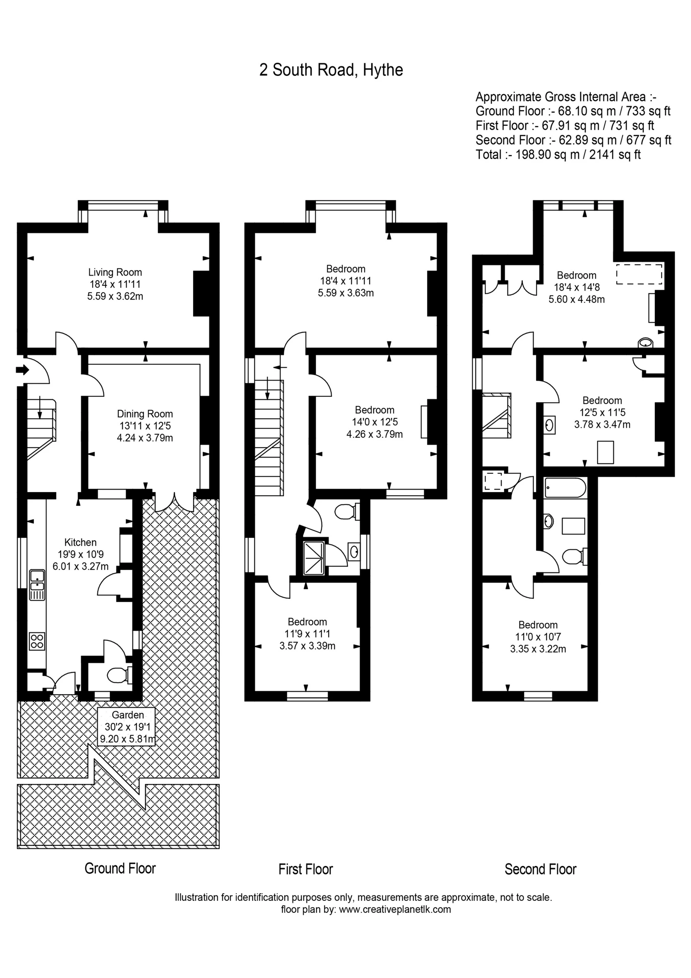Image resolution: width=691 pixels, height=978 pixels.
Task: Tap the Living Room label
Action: (x=115, y=284)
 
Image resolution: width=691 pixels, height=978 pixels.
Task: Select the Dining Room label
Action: (x=145, y=425)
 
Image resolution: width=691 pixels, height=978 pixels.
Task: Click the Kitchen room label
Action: (x=81, y=554)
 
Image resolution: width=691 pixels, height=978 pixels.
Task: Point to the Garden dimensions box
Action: (x=127, y=727)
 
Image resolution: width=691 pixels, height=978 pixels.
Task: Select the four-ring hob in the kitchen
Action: (x=37, y=642)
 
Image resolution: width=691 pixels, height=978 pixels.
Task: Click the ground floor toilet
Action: (x=117, y=675)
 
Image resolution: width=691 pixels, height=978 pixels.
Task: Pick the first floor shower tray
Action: (x=314, y=558)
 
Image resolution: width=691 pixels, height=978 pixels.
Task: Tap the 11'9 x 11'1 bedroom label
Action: (x=307, y=634)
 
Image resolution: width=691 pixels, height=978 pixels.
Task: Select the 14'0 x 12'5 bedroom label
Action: (x=374, y=422)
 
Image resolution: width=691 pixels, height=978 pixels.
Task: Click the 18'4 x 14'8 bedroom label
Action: (x=576, y=287)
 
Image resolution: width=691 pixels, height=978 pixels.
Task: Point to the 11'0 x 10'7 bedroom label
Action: (x=538, y=637)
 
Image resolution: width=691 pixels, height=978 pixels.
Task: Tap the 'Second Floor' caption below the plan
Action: (x=540, y=869)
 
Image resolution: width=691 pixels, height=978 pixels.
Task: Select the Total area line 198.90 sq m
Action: (x=558, y=155)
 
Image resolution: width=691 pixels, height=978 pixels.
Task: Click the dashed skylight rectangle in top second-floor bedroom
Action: (x=639, y=274)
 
